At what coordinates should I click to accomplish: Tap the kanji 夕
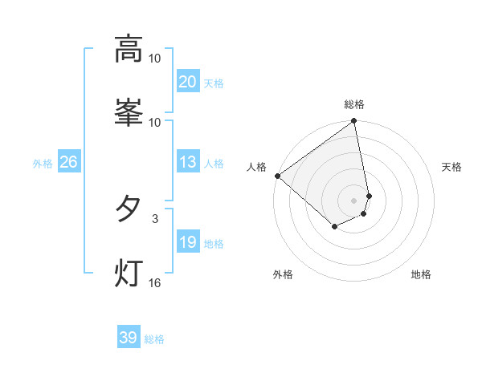point(129,209)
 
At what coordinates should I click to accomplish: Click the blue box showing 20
point(187,82)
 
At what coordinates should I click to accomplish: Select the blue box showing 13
point(187,163)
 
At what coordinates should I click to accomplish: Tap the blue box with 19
point(187,243)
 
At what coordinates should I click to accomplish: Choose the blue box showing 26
point(68,163)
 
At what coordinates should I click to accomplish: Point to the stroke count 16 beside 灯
point(155,282)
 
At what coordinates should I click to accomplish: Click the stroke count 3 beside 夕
point(155,217)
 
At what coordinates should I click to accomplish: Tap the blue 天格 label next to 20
point(214,83)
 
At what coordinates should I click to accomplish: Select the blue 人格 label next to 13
point(214,164)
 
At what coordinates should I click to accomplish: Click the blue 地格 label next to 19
point(214,244)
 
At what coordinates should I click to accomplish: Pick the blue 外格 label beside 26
point(43,164)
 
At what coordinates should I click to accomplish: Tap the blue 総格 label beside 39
point(154,339)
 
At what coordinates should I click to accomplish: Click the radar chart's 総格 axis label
point(354,104)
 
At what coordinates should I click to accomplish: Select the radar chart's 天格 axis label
point(452,167)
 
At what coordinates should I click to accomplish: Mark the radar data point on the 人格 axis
point(277,176)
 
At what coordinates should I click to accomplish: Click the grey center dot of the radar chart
point(354,201)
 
